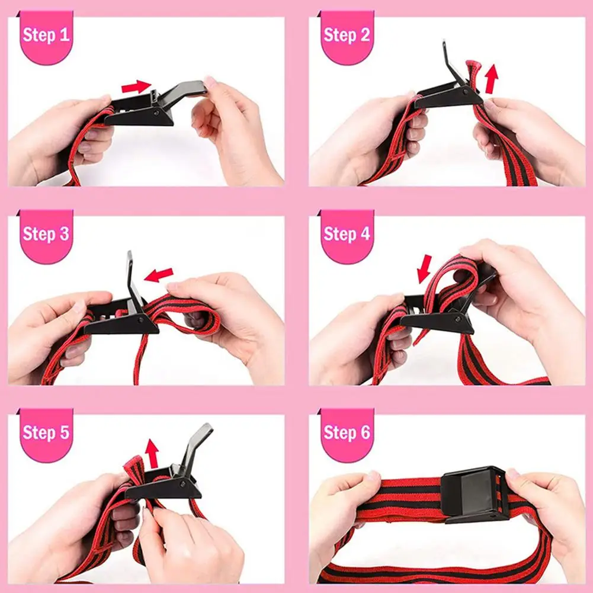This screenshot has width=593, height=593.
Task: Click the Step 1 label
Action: (x=46, y=35)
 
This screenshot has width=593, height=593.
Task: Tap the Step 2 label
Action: (x=347, y=35)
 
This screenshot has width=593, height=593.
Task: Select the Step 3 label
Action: (x=46, y=234)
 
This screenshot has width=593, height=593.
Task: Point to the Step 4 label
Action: (x=347, y=234)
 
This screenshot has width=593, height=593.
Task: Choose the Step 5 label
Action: (x=46, y=432)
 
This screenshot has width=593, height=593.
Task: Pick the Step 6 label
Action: (x=347, y=432)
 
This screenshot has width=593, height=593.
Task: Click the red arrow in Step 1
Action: (x=136, y=86)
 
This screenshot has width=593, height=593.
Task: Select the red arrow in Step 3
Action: (x=158, y=274)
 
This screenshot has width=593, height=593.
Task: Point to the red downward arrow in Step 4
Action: (x=425, y=269)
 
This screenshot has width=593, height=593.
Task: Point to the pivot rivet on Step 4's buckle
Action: (x=458, y=319)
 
